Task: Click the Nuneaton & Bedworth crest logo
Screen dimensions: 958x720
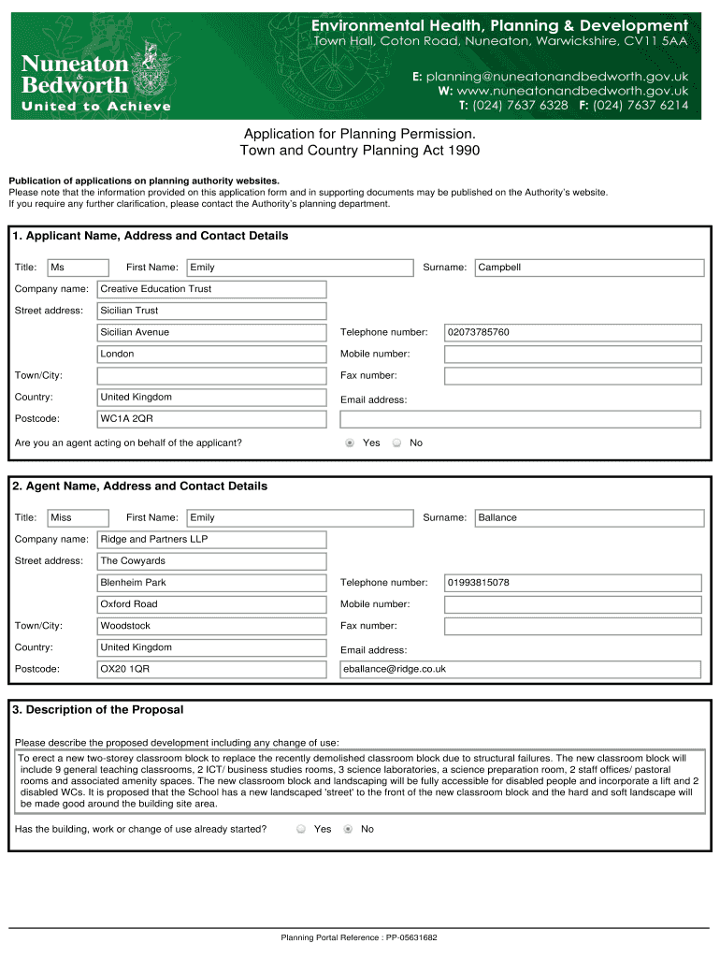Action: click(150, 67)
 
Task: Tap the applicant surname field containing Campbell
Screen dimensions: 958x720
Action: click(589, 268)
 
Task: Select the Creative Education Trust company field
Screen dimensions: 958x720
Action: click(212, 289)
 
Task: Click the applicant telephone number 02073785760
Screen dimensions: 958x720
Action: click(572, 332)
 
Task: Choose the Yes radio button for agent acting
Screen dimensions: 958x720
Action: click(350, 443)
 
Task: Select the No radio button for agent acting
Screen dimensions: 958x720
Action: click(396, 443)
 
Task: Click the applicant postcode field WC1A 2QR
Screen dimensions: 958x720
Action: click(212, 418)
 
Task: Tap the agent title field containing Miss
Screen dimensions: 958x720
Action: click(69, 517)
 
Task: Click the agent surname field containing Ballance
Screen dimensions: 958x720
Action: click(589, 517)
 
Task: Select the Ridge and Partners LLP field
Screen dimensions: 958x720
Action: click(212, 539)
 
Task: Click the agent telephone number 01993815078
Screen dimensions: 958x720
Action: click(572, 583)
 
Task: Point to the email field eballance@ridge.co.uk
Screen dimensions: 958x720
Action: click(520, 669)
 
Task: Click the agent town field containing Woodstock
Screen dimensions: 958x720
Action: click(212, 626)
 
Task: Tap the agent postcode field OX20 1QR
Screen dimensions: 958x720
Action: click(212, 669)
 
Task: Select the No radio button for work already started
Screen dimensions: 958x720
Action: click(348, 829)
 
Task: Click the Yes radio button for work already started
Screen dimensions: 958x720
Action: click(301, 829)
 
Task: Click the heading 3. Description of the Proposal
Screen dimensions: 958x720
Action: click(98, 710)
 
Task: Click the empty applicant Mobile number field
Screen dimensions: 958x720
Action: click(572, 354)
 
